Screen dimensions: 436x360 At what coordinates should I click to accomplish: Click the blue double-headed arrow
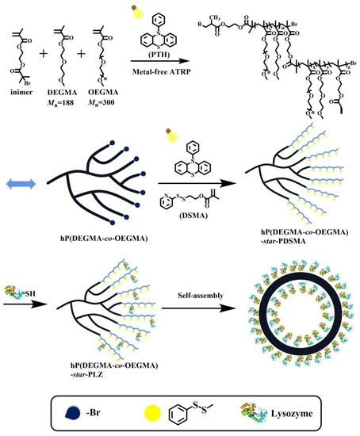coord(21,185)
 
